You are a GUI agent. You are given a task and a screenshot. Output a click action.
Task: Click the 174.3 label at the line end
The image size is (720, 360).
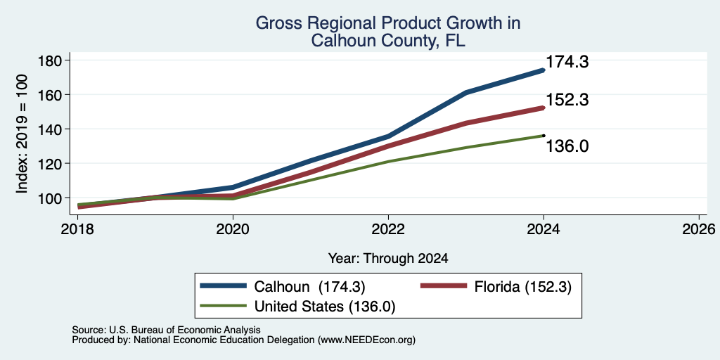coord(567,62)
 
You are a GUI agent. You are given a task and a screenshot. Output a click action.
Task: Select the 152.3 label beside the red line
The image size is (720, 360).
coord(567,100)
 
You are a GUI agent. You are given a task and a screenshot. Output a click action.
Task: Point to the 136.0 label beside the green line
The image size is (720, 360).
coord(567,146)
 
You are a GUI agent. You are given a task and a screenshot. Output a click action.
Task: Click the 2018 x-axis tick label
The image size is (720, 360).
coord(77,229)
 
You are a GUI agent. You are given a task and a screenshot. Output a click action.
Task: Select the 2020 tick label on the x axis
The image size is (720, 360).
coord(233,229)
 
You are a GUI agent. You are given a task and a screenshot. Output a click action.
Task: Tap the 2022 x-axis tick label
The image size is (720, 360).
coord(388,229)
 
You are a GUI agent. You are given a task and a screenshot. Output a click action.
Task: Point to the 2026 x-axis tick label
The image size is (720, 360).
coord(700,229)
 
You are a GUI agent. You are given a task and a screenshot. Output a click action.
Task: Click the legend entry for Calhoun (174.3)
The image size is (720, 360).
coord(283,287)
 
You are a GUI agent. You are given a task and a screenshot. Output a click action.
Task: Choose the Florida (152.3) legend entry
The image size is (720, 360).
coord(496,287)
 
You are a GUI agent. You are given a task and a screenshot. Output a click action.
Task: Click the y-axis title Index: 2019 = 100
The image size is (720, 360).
coord(22,134)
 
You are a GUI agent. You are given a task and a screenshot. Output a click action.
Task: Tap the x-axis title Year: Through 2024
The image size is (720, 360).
coord(388,259)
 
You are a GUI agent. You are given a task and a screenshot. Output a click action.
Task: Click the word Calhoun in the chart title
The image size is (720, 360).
coord(345,41)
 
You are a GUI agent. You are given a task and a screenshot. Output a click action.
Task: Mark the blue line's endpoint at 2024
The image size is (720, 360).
coord(544,70)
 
